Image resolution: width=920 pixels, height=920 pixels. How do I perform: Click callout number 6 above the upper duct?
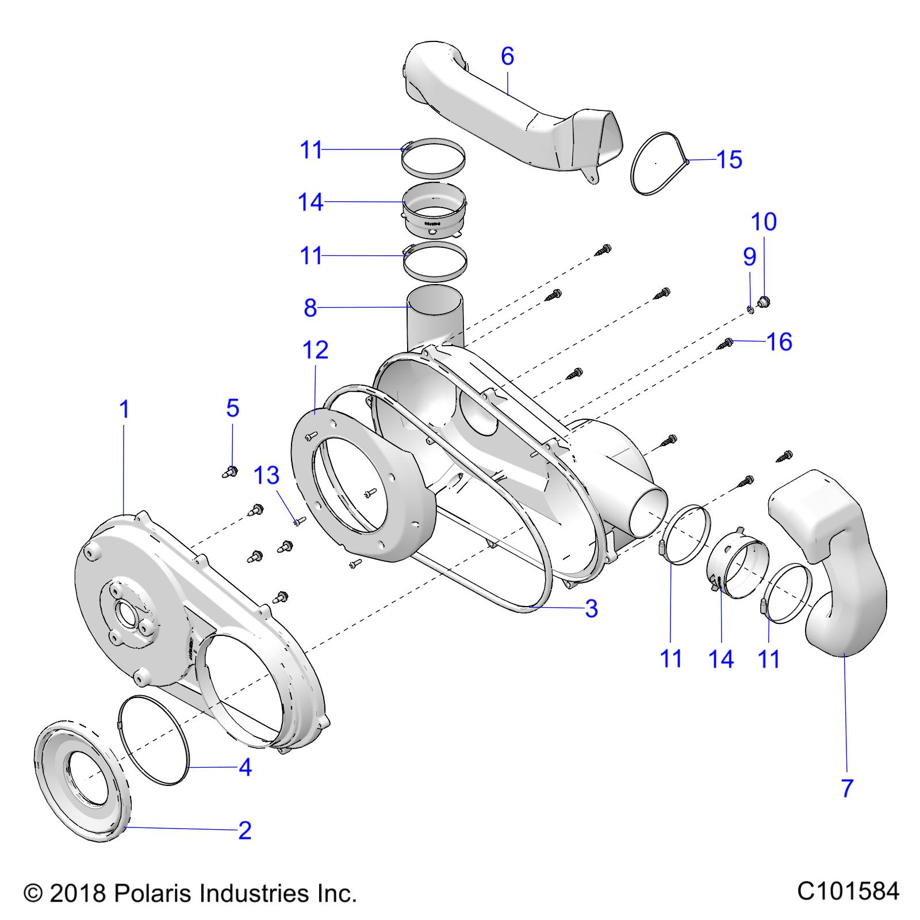[507, 56]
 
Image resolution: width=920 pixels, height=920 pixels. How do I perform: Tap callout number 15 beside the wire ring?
[729, 160]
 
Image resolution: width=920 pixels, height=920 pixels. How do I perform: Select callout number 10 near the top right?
[764, 221]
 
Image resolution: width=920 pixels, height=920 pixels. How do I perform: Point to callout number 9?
[749, 256]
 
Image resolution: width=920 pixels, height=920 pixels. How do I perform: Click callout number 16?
[780, 342]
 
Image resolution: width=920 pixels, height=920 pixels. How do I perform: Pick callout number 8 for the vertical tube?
[310, 308]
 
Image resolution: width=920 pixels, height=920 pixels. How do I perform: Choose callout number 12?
[315, 350]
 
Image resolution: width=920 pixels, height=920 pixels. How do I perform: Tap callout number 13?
[267, 475]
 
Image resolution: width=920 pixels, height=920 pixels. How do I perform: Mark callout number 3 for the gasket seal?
[591, 608]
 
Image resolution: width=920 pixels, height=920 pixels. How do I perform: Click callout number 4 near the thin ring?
[245, 767]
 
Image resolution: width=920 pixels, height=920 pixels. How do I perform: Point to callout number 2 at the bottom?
[245, 830]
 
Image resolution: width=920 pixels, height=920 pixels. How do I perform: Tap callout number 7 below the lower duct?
[847, 788]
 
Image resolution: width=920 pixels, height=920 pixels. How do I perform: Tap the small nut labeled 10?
[764, 301]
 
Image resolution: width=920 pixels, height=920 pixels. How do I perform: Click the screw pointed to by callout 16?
[726, 343]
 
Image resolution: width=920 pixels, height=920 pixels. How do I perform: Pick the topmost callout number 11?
[311, 150]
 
